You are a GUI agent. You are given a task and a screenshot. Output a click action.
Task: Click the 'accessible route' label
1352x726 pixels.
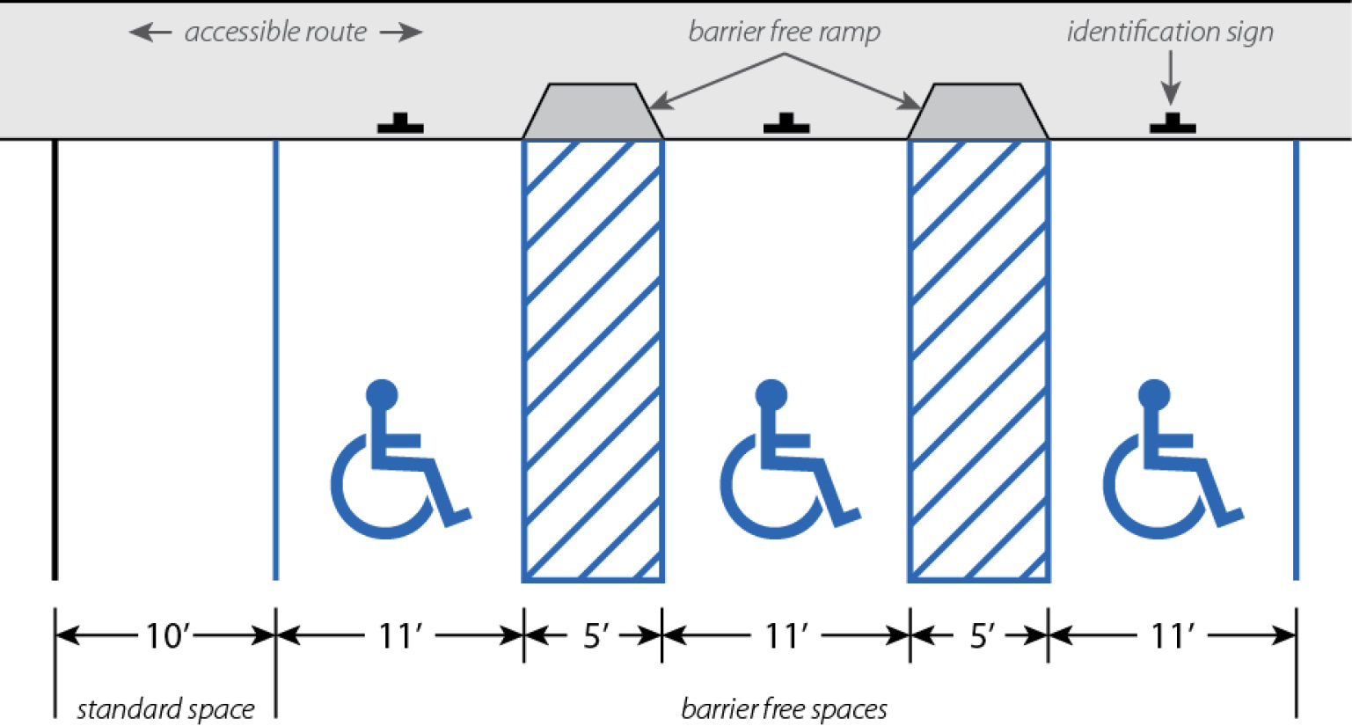275,33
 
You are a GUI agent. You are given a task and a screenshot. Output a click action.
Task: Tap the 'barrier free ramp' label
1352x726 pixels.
784,33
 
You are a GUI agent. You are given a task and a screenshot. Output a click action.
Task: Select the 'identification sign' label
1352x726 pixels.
1170,33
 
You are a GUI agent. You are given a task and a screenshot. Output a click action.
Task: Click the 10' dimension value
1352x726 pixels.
167,634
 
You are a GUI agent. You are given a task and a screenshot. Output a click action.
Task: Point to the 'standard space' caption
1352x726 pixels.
165,709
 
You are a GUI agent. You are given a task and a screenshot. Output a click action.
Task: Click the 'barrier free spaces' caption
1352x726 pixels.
784,709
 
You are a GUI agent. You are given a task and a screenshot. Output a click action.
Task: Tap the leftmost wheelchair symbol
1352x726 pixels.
397,462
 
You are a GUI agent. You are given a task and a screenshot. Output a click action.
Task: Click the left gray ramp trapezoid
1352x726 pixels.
592,112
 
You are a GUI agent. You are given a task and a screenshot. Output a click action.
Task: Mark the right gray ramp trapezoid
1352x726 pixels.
977,112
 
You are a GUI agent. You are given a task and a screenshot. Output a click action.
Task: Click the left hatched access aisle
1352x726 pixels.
592,361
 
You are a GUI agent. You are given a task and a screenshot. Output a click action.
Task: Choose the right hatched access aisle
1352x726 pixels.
978,361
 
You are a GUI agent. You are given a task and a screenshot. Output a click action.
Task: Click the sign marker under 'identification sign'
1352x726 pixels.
1173,124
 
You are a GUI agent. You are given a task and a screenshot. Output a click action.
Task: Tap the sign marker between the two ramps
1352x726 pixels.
786,124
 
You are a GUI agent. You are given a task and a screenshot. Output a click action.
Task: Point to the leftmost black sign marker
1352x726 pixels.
400,124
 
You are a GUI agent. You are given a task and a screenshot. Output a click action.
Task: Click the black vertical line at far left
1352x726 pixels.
55,361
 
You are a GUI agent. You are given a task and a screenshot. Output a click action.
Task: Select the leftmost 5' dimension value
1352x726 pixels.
596,634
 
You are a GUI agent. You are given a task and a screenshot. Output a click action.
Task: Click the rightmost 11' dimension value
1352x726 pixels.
1173,634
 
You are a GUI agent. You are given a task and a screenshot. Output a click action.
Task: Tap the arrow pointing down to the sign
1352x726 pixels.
1170,80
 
